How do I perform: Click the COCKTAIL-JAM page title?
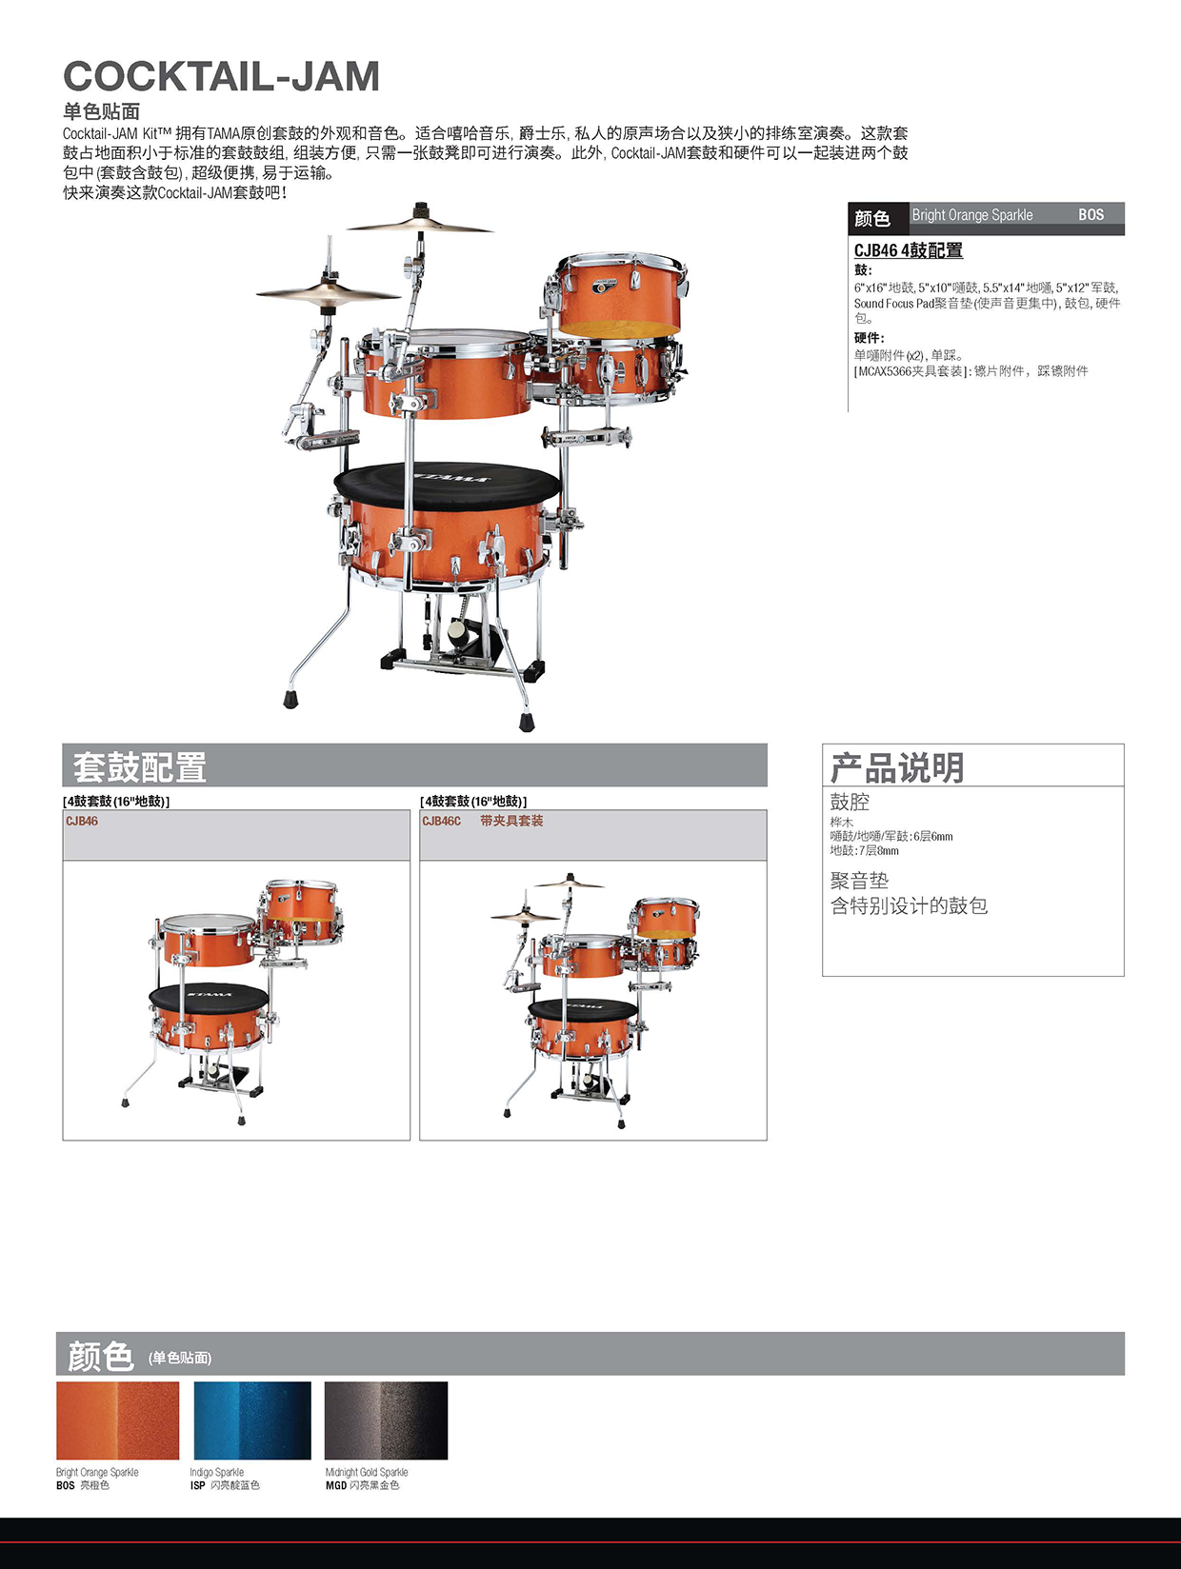tap(221, 77)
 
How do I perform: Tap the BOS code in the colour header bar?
tap(1091, 215)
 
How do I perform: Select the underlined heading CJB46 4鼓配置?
tap(908, 250)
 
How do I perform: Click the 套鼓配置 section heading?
tap(140, 766)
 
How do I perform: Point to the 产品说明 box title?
tap(896, 767)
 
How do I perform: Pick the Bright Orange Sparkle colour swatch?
tap(118, 1420)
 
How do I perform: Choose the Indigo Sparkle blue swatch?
tap(252, 1420)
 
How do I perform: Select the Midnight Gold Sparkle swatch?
tap(386, 1420)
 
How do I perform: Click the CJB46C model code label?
tap(441, 821)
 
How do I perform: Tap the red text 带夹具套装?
tap(511, 821)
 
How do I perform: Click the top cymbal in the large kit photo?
tap(420, 225)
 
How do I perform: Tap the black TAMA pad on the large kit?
tap(440, 481)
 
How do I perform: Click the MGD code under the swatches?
tap(335, 1485)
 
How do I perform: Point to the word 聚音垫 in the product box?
tap(859, 881)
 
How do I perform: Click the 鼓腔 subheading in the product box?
tap(850, 802)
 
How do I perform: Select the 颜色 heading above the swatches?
tap(100, 1355)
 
